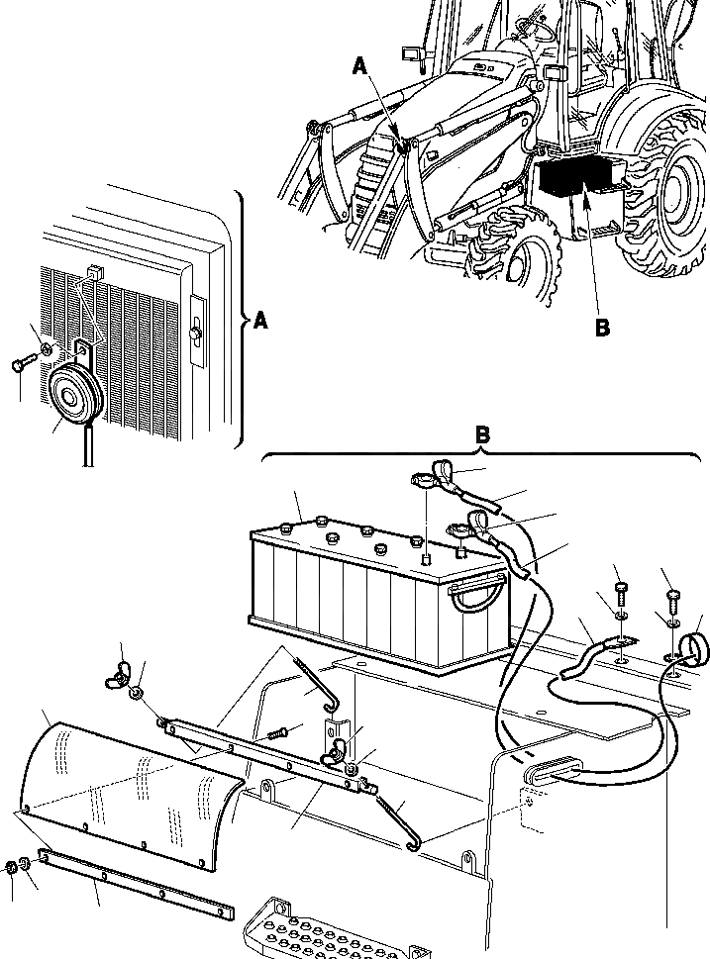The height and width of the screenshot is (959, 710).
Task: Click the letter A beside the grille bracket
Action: [x=260, y=321]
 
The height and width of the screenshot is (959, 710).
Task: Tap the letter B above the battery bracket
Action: [x=482, y=435]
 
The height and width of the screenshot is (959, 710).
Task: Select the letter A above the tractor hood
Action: [x=360, y=66]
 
